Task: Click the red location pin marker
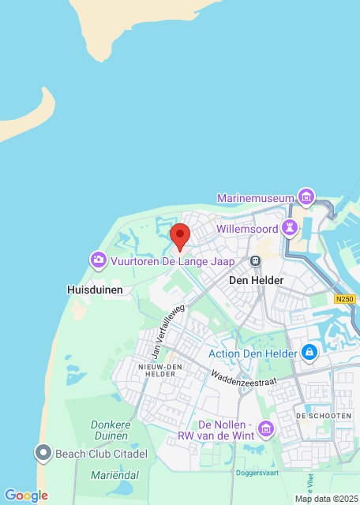180,235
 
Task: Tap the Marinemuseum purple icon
306,196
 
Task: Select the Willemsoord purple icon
291,229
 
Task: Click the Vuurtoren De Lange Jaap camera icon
99,259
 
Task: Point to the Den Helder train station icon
255,261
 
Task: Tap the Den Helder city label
255,280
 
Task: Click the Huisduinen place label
94,290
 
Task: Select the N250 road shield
345,299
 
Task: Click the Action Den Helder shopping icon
309,352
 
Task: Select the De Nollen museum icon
265,428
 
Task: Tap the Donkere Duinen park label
110,429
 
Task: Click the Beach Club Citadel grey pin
43,453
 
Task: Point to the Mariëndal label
114,475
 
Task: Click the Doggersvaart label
257,472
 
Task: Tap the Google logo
26,496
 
